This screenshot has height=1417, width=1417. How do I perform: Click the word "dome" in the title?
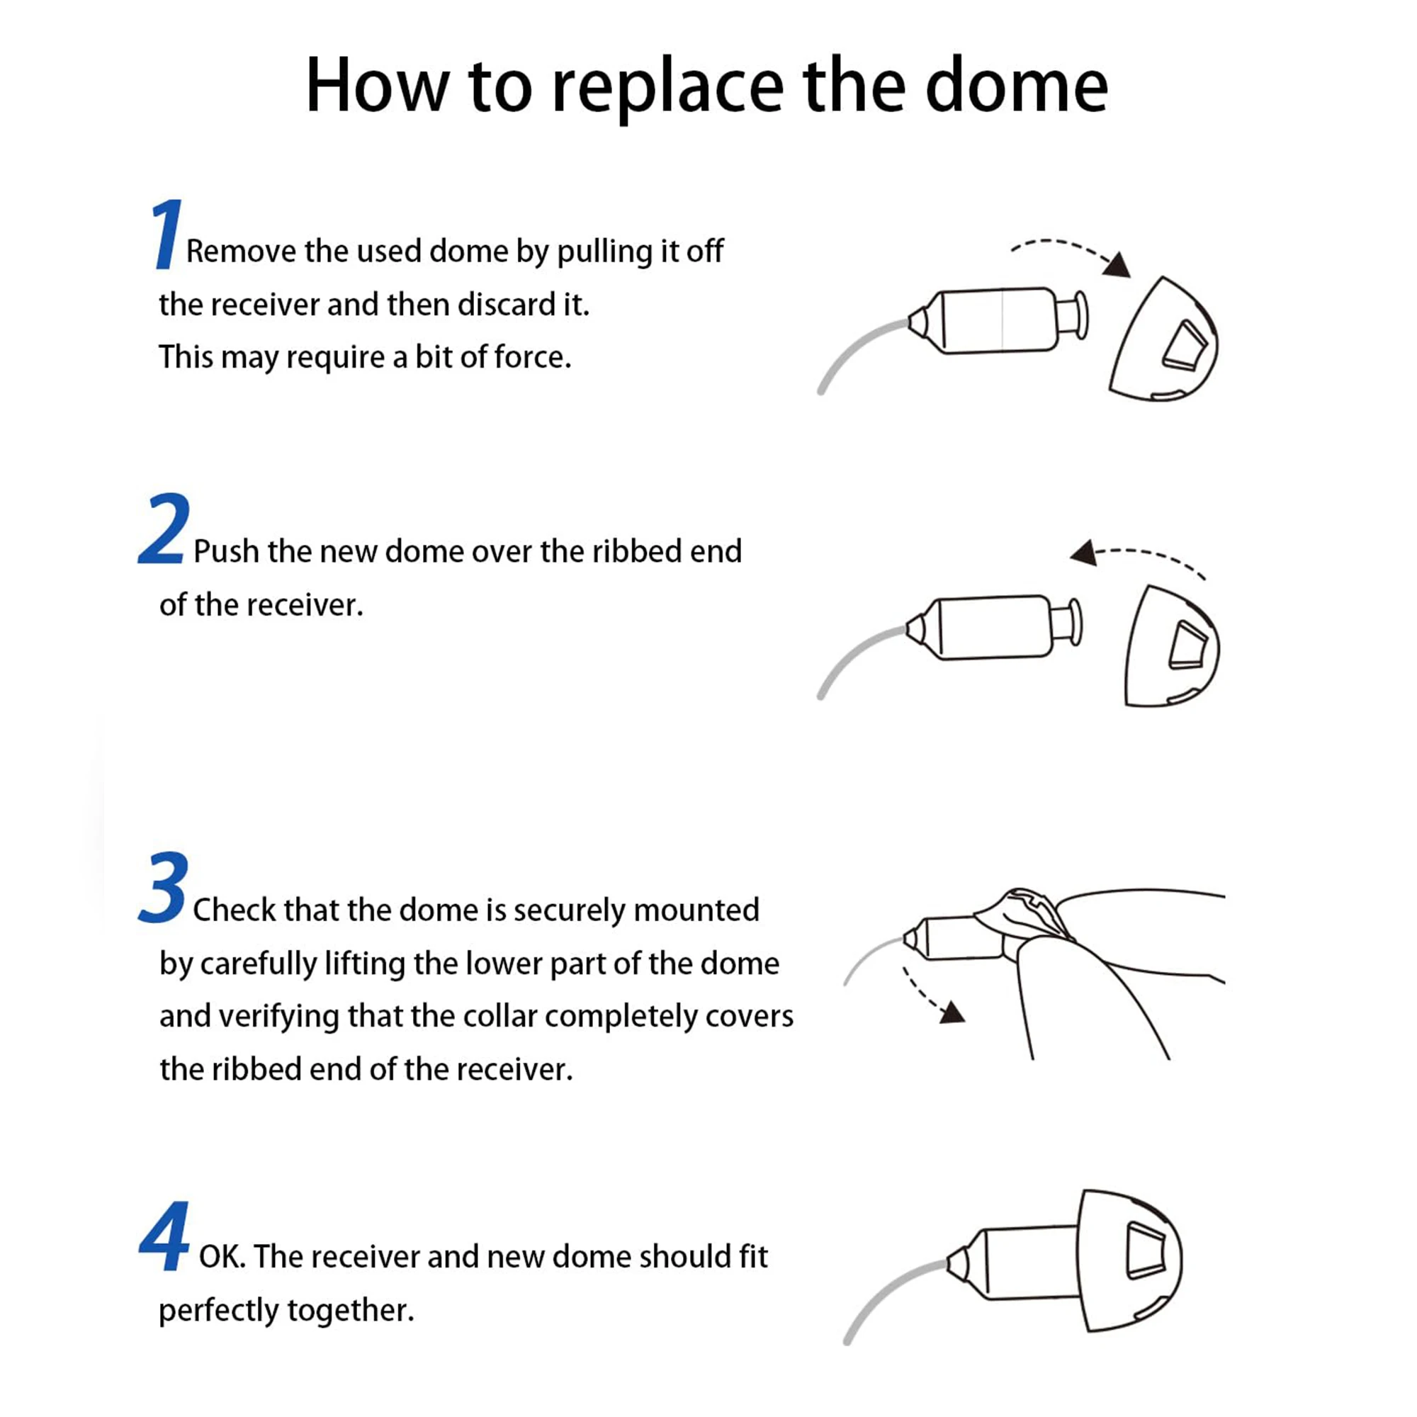pos(1017,86)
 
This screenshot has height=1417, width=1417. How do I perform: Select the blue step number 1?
pos(166,233)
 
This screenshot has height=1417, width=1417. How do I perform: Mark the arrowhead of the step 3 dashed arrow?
pos(953,1012)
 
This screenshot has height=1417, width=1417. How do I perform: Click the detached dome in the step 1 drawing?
pos(1163,339)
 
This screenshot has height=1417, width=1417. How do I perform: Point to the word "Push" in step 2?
pos(227,551)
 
